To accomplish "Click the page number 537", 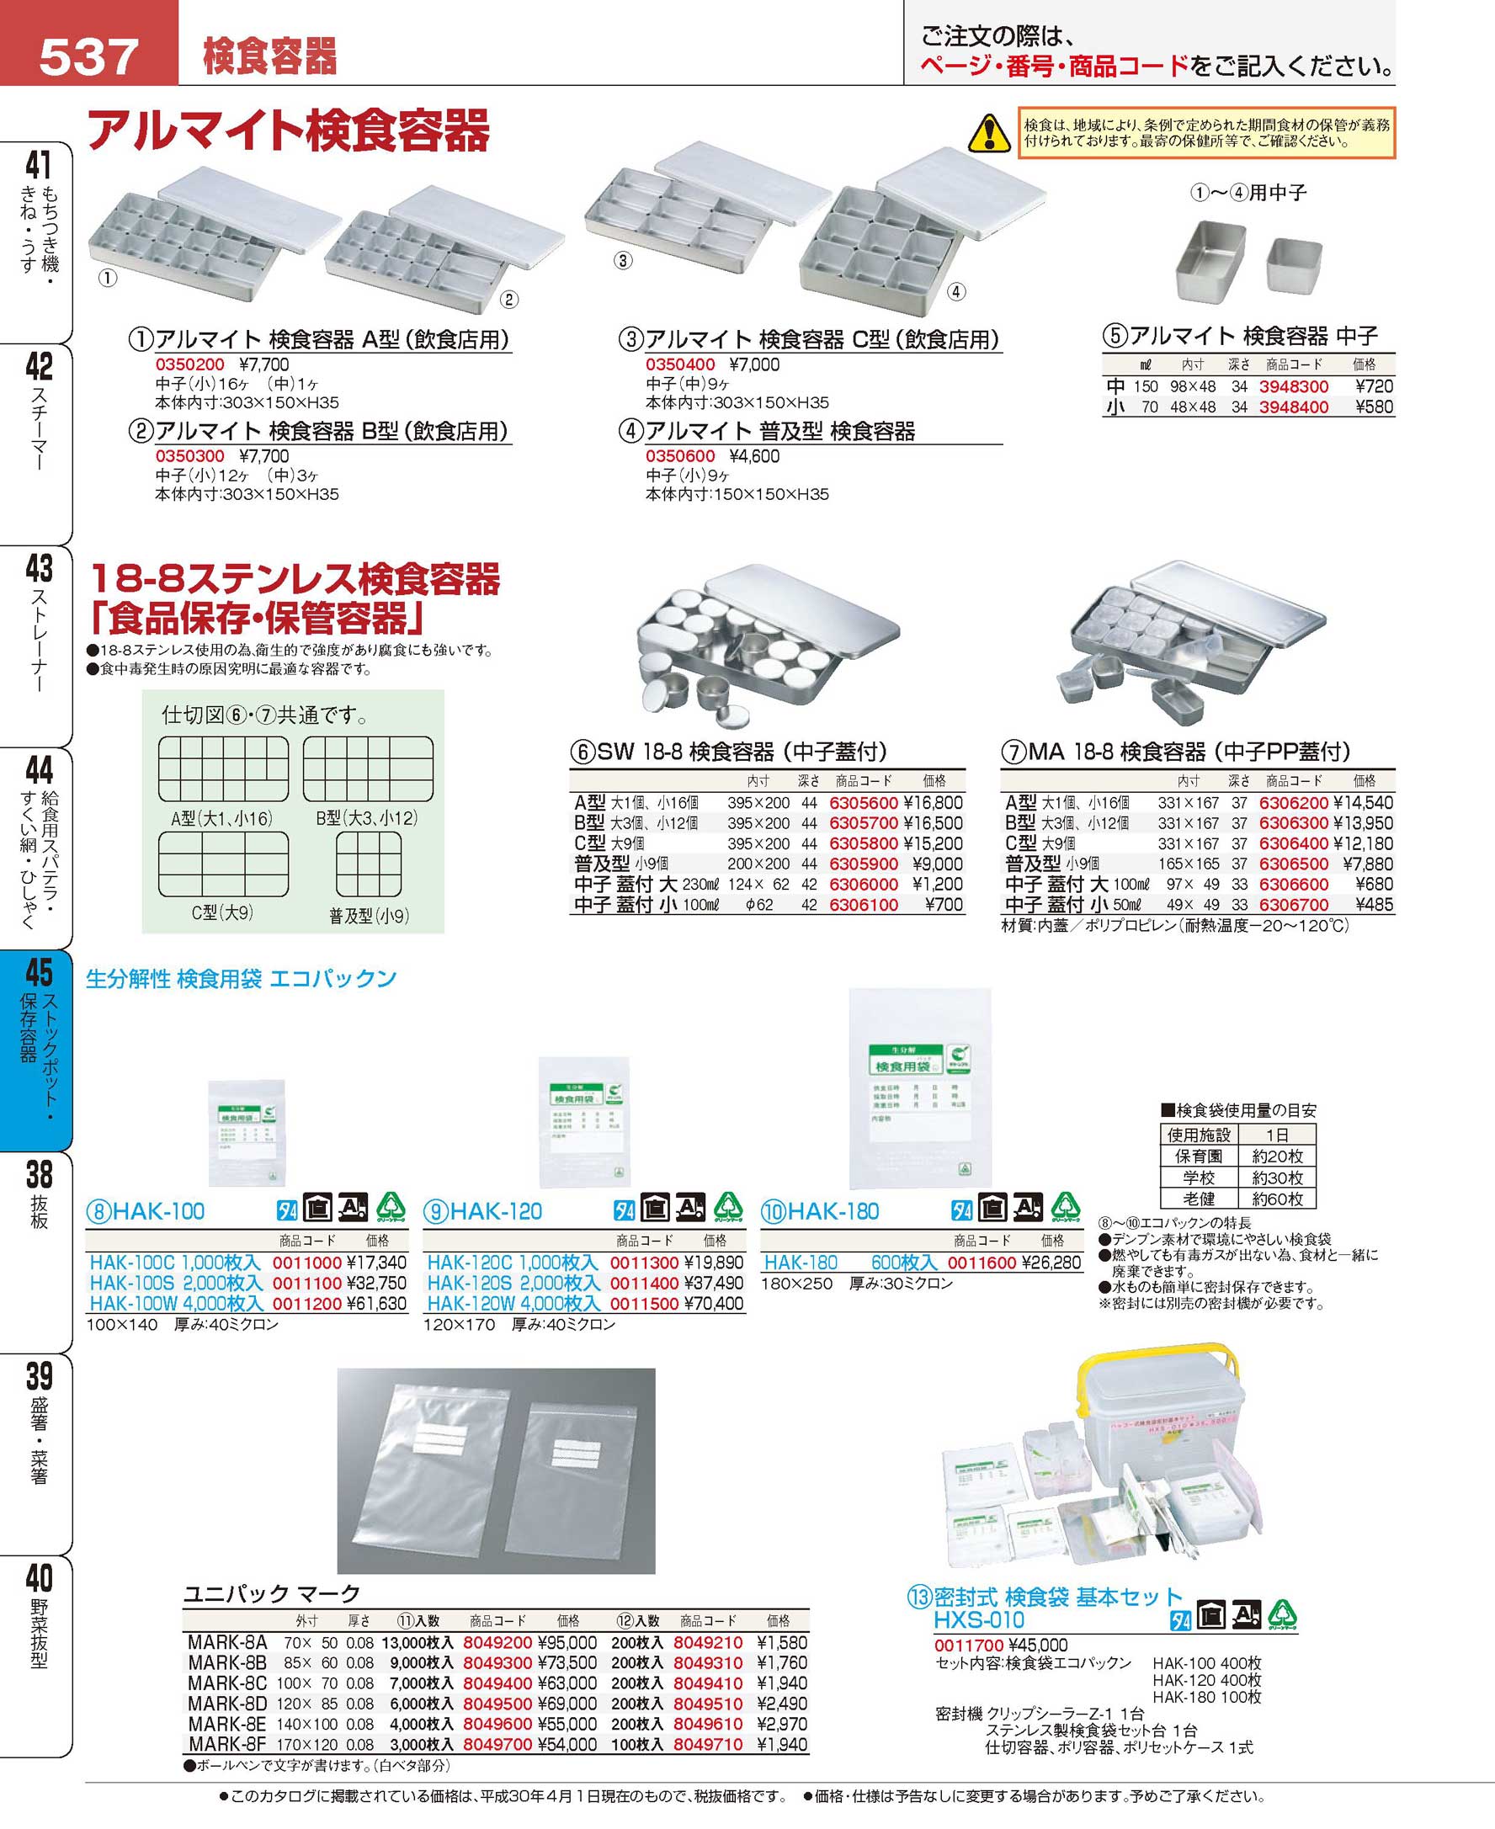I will (88, 57).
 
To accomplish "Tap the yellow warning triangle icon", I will (988, 134).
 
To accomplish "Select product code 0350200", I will (189, 364).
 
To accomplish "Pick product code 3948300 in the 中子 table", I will (1294, 386).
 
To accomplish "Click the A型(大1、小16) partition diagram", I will (223, 769).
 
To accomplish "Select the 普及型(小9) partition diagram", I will (369, 864).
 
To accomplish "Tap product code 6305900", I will (863, 864).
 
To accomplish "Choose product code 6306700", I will (1294, 905).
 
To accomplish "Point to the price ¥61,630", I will (375, 1304).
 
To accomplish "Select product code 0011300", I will (644, 1263).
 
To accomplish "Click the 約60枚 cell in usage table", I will (1277, 1199).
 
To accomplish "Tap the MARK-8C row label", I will (226, 1683).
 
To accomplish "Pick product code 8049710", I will (707, 1745).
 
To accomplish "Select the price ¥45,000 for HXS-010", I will (1037, 1645).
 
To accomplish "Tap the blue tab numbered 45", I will (39, 1050).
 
